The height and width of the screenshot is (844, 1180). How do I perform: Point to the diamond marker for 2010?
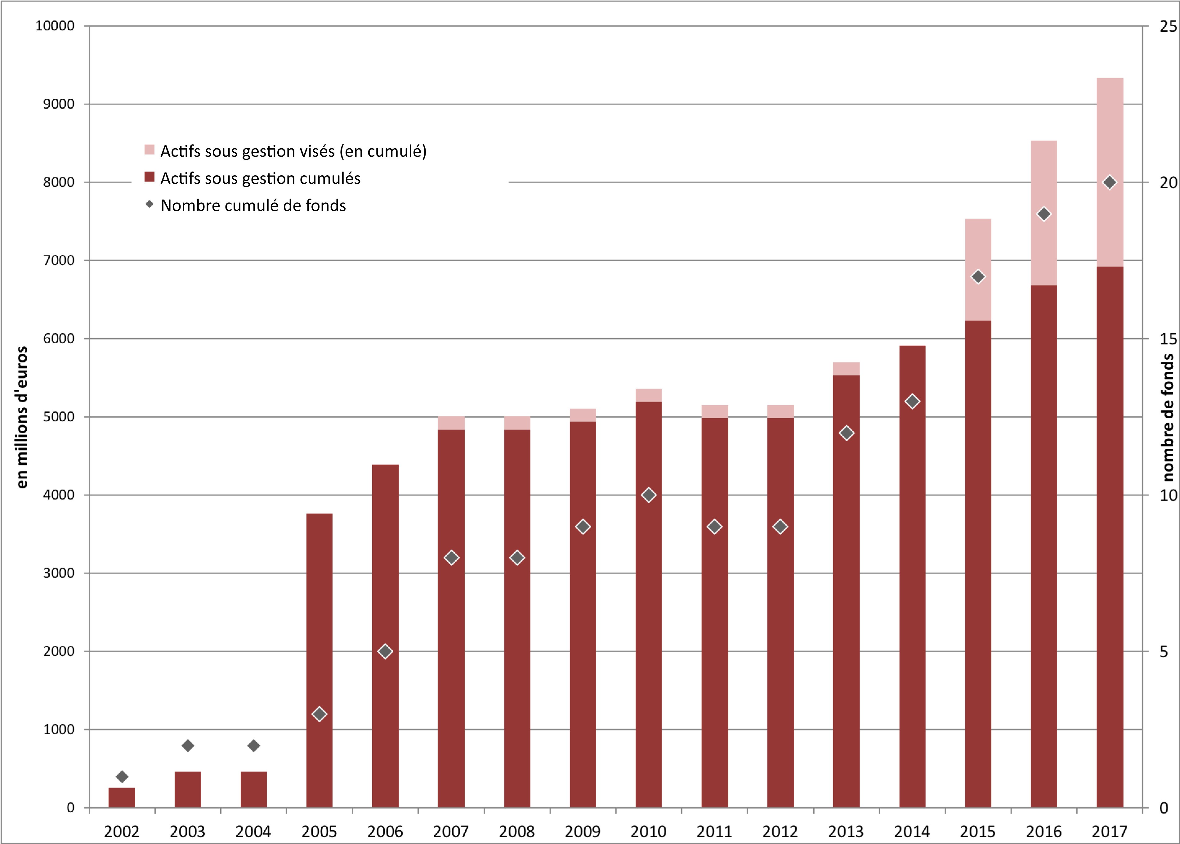click(x=648, y=495)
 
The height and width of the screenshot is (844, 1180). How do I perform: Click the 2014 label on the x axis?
click(x=912, y=832)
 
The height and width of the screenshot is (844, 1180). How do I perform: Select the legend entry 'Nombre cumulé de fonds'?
click(x=253, y=206)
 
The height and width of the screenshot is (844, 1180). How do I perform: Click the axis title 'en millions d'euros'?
click(x=21, y=417)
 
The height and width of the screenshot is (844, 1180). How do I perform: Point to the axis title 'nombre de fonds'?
click(x=1168, y=417)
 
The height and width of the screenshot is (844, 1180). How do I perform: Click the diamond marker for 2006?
click(x=385, y=651)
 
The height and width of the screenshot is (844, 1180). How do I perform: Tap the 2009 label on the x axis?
click(x=583, y=832)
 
